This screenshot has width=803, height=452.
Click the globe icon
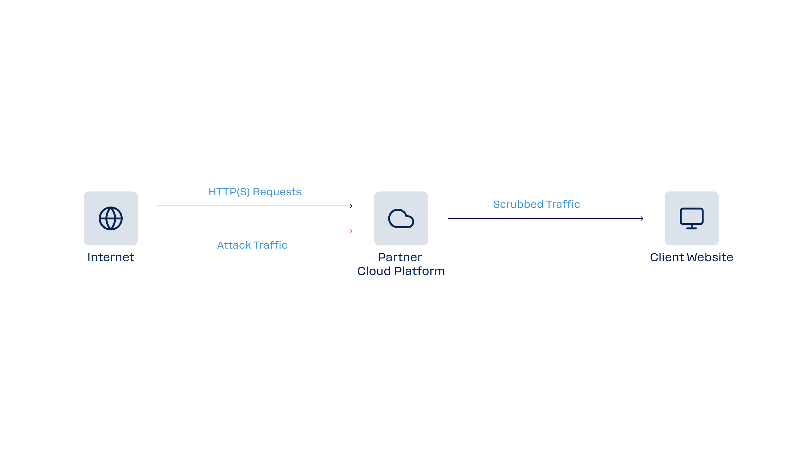click(111, 218)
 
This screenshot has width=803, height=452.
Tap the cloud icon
click(401, 218)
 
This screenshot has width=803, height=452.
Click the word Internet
click(111, 257)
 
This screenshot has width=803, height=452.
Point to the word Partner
click(400, 257)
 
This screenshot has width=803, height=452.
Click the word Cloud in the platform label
click(374, 271)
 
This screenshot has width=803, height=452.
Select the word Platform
click(419, 271)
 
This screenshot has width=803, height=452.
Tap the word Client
click(667, 257)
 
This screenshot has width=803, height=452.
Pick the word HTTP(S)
click(229, 192)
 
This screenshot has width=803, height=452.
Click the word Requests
click(277, 192)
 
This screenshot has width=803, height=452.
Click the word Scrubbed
click(518, 204)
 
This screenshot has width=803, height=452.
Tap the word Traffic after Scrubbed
click(563, 204)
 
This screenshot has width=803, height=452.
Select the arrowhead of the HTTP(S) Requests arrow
click(351, 206)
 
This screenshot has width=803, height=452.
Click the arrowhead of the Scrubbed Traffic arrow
click(642, 218)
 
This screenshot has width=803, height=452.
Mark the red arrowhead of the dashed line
click(351, 231)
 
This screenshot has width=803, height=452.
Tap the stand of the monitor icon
click(691, 227)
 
